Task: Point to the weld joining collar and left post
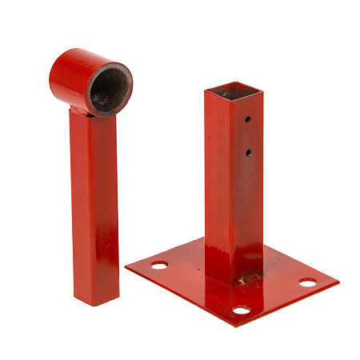point(88,112)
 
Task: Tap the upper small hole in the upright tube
point(248,120)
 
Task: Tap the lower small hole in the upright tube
point(249,151)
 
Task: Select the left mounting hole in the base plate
point(159,264)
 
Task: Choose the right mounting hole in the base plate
point(308,282)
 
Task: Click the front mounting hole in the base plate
point(241,310)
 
